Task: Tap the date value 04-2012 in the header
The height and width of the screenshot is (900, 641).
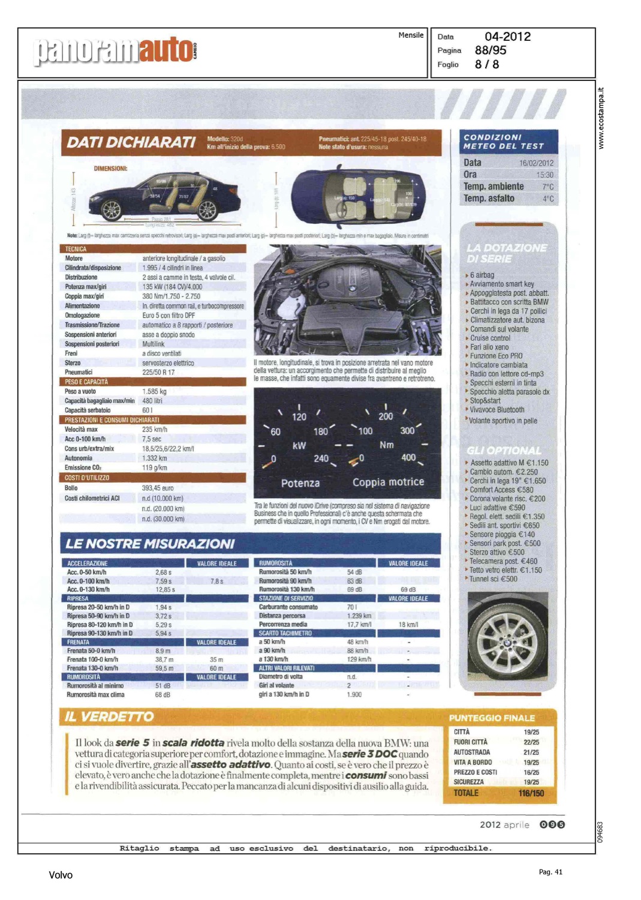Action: (x=507, y=37)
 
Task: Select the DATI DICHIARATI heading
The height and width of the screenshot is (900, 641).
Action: (x=131, y=142)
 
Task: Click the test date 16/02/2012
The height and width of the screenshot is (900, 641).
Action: (x=536, y=163)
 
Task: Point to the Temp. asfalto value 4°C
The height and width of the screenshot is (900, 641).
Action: (x=548, y=199)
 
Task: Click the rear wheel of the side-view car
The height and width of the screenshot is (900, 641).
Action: (x=207, y=210)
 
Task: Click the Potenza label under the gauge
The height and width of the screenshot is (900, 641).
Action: (x=300, y=483)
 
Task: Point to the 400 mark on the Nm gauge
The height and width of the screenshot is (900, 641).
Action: (x=408, y=457)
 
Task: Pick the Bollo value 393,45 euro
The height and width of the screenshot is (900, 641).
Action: (x=158, y=488)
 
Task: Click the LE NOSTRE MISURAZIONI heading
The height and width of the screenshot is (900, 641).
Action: (x=150, y=544)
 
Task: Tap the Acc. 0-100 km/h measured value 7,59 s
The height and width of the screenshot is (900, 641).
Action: (x=164, y=581)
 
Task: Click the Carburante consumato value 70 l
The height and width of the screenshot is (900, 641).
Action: (x=352, y=607)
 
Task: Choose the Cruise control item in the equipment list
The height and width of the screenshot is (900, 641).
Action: (x=490, y=338)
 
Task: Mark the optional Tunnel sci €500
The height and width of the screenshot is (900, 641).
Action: (x=493, y=579)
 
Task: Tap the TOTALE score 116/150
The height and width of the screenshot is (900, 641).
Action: (x=531, y=793)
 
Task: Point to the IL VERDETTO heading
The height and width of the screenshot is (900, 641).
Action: (x=109, y=716)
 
